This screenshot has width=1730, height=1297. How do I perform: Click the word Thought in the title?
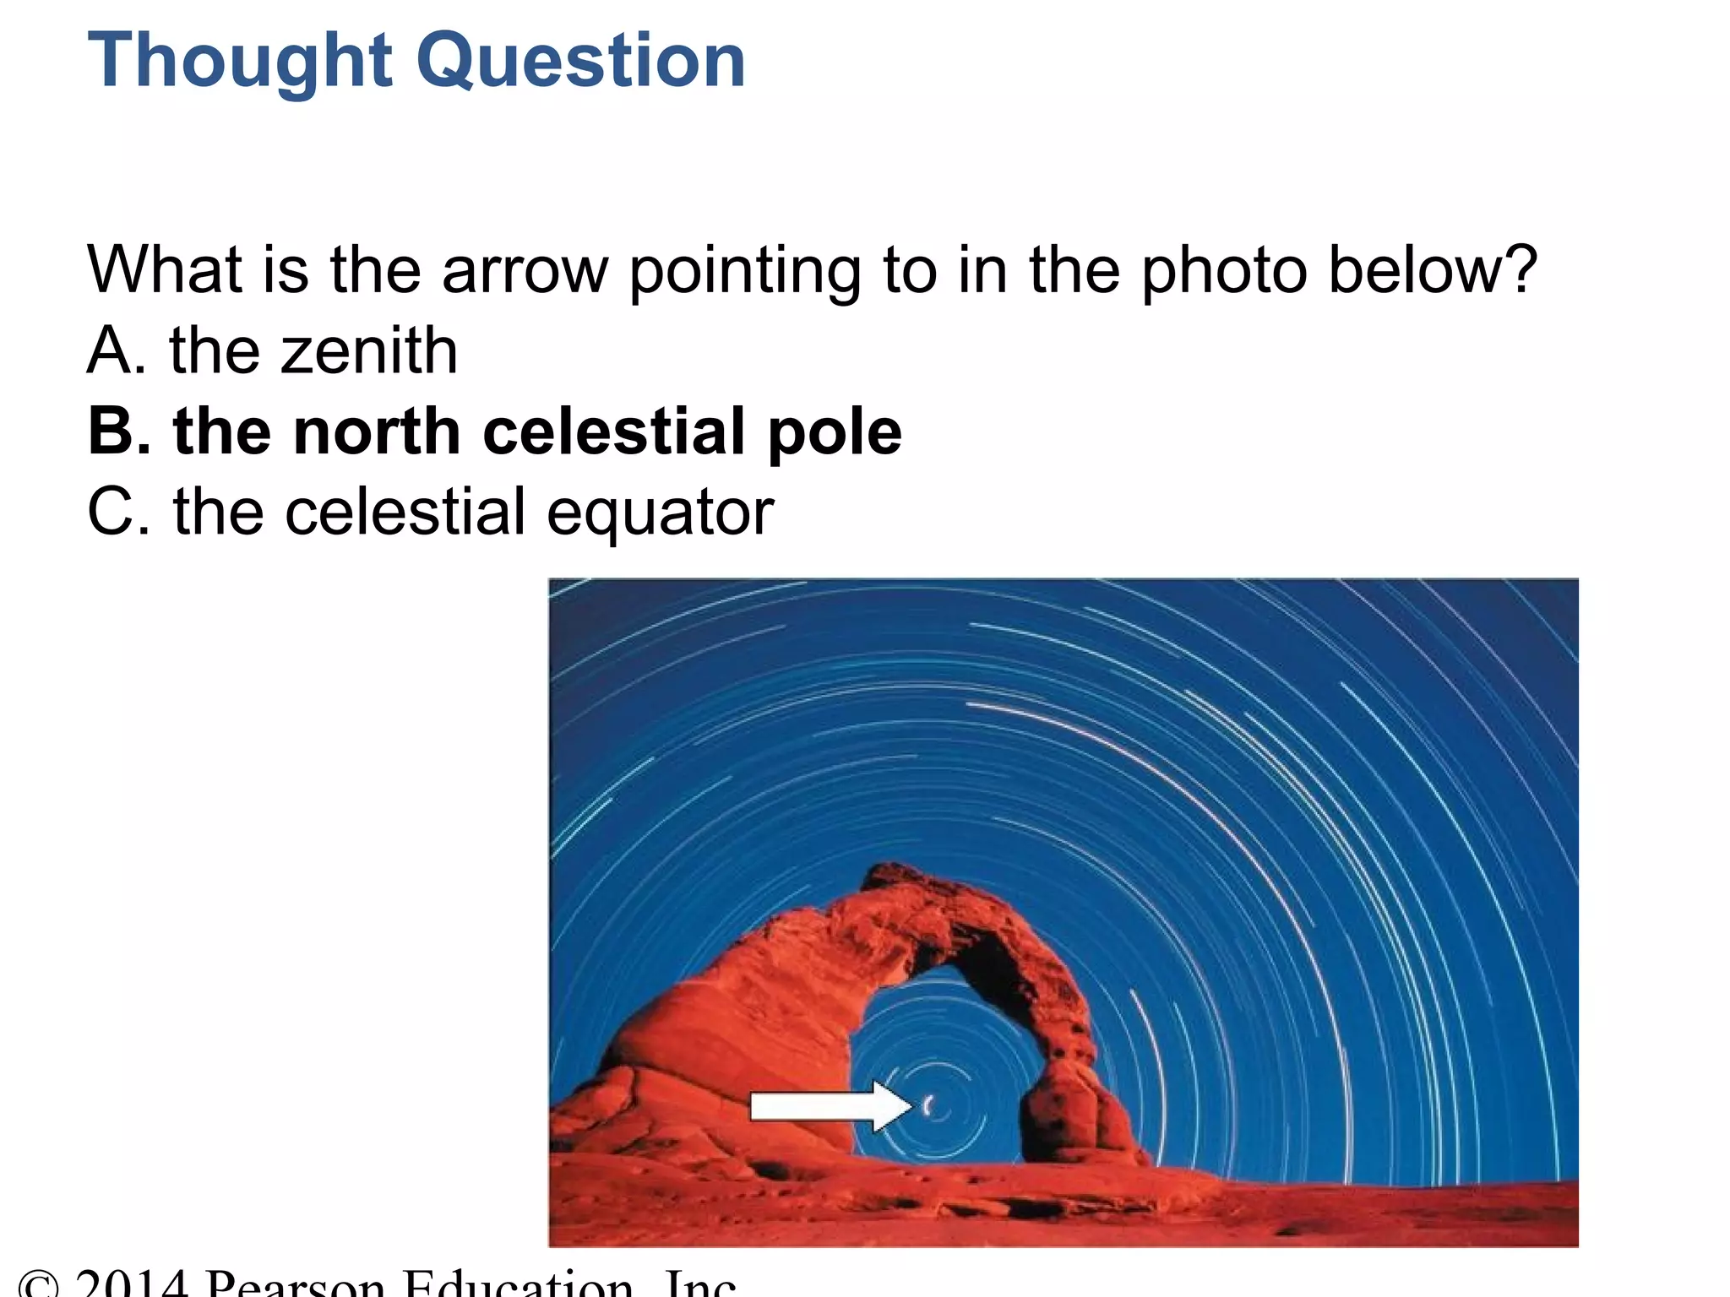pos(240,61)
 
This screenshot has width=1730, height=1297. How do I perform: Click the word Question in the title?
pos(582,61)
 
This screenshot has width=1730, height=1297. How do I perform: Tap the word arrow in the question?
pos(525,270)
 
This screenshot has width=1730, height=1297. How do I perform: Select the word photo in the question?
pos(1224,270)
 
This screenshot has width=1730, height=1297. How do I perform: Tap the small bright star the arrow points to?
pos(928,1105)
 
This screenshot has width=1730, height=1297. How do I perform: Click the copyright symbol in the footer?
pos(39,1285)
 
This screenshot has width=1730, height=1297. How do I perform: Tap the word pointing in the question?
pos(744,270)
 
